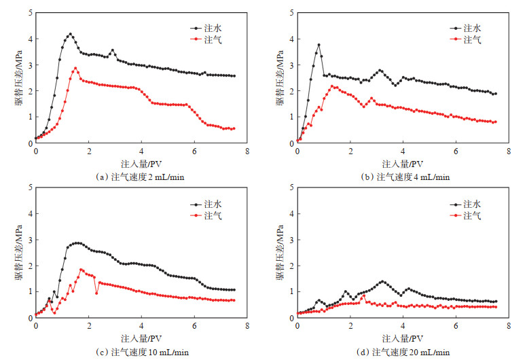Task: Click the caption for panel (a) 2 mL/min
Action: [x=140, y=177]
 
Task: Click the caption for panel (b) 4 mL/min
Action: [x=402, y=177]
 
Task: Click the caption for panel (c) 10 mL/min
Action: [x=141, y=351]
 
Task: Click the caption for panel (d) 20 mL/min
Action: [x=402, y=351]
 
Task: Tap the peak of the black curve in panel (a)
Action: [x=70, y=34]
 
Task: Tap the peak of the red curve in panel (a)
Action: [x=75, y=68]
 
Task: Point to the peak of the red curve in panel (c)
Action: [x=81, y=270]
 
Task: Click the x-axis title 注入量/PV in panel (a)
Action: [x=140, y=164]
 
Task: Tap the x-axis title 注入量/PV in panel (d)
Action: [x=402, y=338]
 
